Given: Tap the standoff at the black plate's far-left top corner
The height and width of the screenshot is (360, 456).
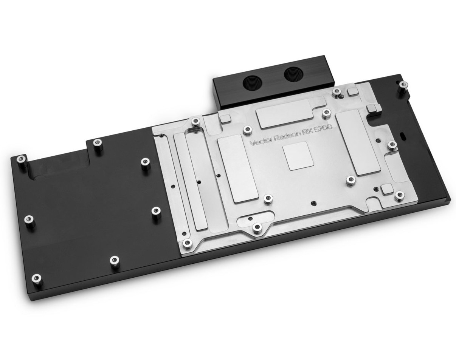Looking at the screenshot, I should pyautogui.click(x=21, y=160).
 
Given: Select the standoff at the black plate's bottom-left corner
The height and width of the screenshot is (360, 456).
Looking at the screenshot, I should pyautogui.click(x=37, y=278).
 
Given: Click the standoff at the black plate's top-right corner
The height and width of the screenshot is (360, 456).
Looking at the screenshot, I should pyautogui.click(x=403, y=85).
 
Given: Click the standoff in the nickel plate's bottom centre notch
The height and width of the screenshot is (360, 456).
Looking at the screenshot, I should pyautogui.click(x=257, y=227).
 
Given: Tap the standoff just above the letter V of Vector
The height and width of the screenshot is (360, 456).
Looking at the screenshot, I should pyautogui.click(x=247, y=130).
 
